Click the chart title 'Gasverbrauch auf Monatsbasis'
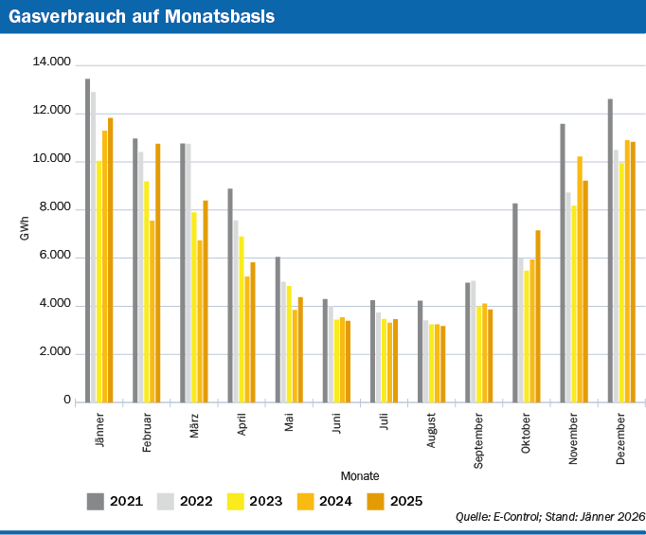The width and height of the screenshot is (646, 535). click(x=142, y=16)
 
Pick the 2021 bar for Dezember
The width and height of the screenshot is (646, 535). click(x=610, y=250)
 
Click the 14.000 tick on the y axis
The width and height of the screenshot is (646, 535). click(x=52, y=62)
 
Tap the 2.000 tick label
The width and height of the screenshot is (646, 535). click(x=55, y=353)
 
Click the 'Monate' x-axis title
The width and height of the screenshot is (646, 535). click(x=361, y=475)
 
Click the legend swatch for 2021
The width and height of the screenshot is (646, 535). click(x=95, y=501)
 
